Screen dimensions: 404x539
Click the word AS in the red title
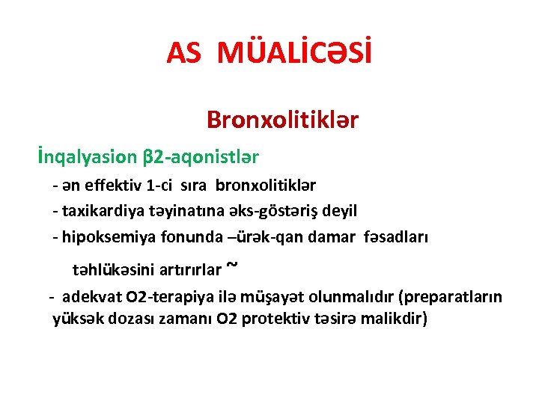pyautogui.click(x=184, y=53)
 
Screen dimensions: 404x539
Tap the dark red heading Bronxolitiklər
pyautogui.click(x=282, y=120)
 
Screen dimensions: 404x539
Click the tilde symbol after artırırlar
pyautogui.click(x=232, y=264)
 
